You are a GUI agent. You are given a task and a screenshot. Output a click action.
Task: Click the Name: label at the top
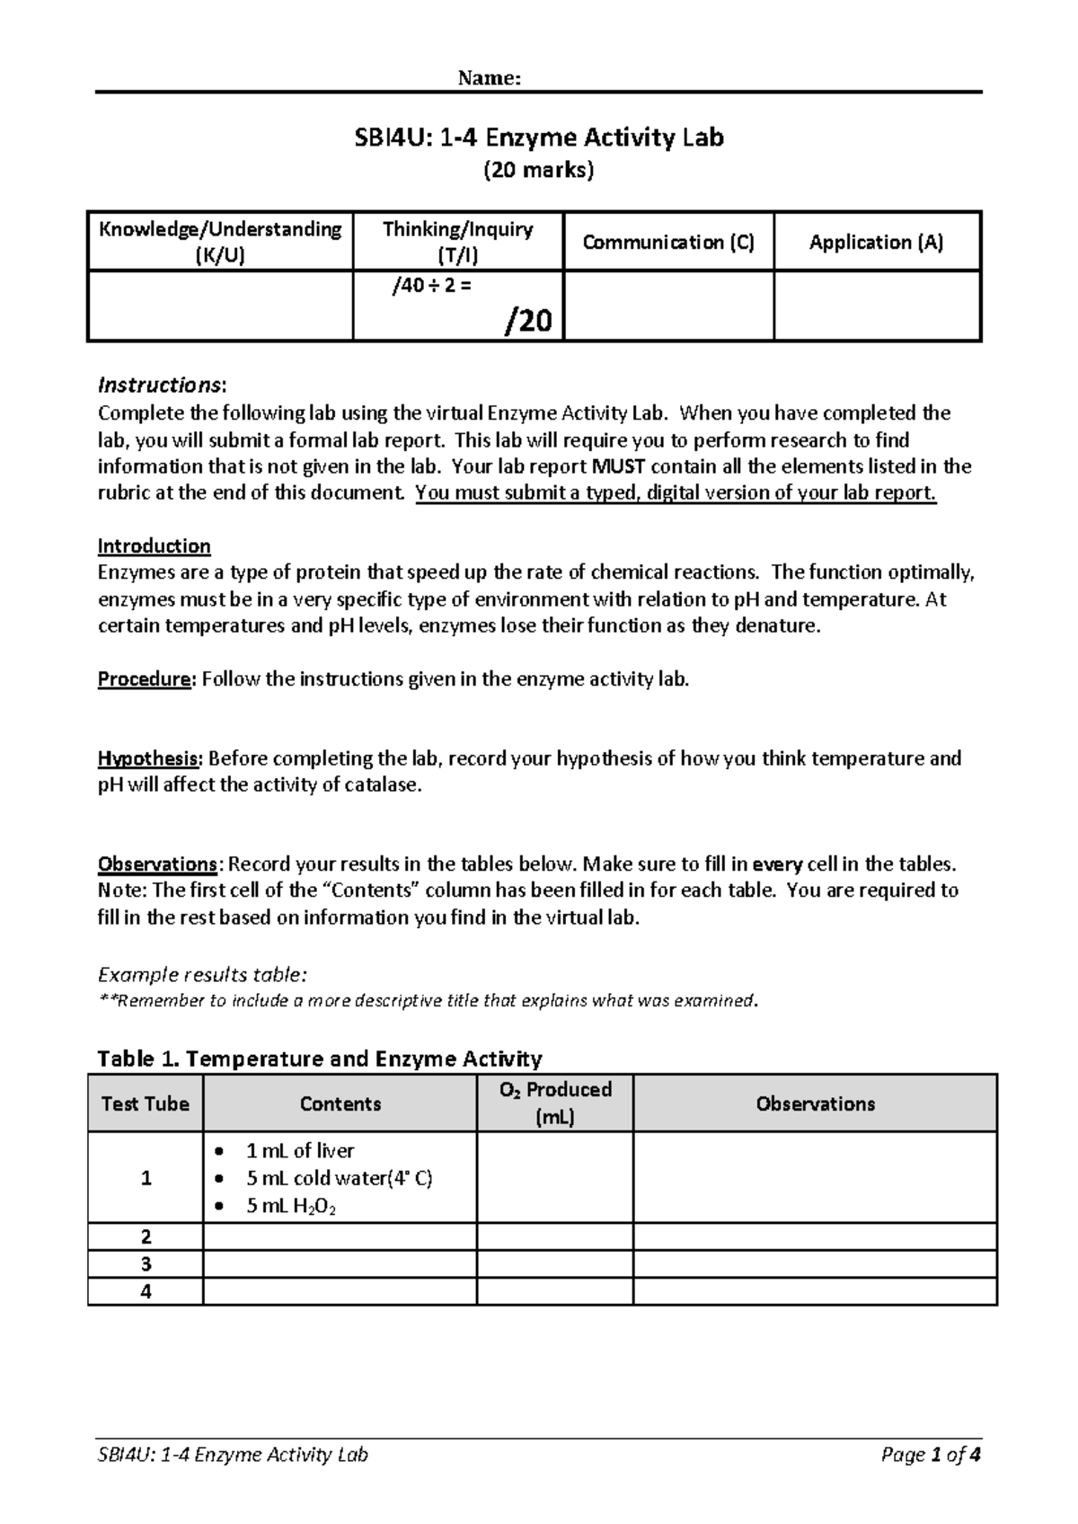489,78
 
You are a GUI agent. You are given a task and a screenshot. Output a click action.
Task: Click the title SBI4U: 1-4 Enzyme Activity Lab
539,137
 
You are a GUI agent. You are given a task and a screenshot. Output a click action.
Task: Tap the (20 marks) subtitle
539,170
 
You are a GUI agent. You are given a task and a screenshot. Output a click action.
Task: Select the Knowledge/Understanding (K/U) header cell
220,242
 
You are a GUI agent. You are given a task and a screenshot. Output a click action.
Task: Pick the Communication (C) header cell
668,242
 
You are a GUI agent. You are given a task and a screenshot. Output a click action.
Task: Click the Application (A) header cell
876,242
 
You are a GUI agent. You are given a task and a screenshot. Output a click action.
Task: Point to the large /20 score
530,320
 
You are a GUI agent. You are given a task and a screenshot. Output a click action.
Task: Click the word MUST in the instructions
619,466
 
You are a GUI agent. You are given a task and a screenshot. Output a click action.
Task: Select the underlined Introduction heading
154,546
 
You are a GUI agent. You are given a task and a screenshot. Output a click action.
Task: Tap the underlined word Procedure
145,679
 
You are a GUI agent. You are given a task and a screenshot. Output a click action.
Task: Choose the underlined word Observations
157,864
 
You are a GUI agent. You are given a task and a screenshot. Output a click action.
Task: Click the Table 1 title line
319,1059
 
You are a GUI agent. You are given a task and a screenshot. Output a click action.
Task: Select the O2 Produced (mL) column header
554,1103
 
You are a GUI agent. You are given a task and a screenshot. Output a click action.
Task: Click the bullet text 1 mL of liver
299,1150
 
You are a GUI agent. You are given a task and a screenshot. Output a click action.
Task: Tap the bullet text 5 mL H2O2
291,1207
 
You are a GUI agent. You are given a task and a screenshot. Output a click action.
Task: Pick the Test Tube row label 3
146,1264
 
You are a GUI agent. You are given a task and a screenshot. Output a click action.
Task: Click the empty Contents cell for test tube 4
340,1291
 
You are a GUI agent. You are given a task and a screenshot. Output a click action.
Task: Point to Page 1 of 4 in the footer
931,1455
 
